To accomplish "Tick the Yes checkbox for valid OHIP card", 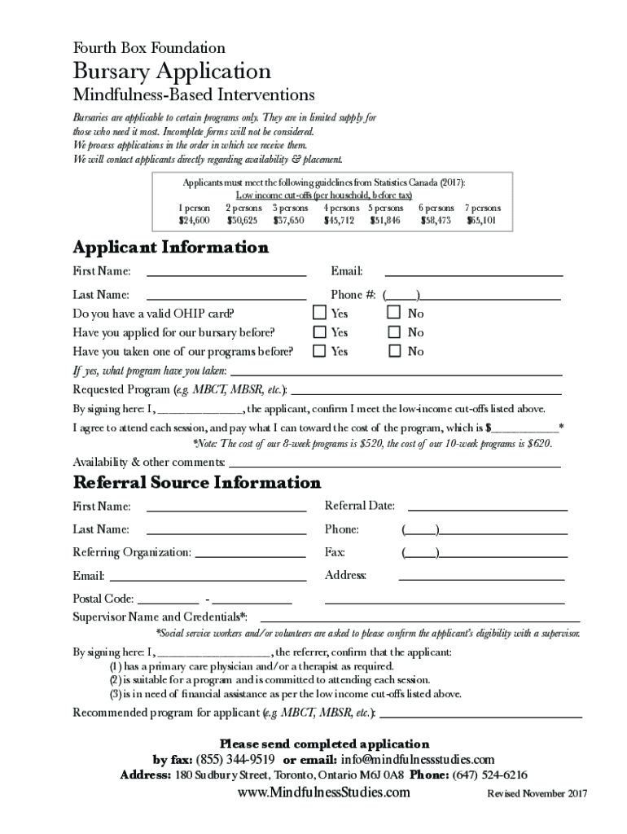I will (320, 313).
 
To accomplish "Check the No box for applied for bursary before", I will (394, 332).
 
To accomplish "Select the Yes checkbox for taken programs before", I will (320, 351).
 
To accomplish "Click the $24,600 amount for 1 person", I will (194, 220).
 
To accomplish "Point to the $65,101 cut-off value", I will (482, 220).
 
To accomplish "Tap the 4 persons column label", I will (340, 208).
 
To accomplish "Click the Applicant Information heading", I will (170, 247).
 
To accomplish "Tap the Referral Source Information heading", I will (197, 482).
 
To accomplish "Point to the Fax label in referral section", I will (335, 552).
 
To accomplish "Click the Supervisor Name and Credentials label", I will (160, 616).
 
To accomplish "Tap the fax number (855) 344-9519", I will (235, 759).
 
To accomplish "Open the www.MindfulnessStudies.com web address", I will (323, 792).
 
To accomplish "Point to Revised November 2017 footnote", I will (537, 794).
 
